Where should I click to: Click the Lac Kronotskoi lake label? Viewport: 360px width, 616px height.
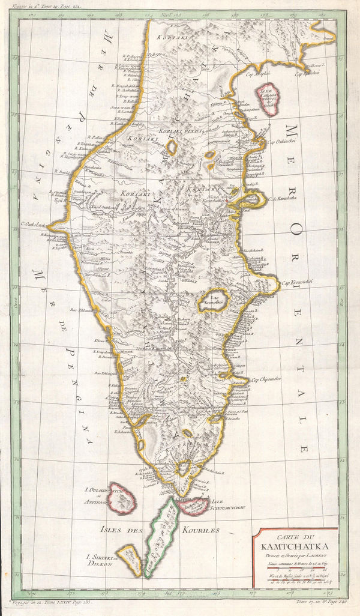pos(215,301)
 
